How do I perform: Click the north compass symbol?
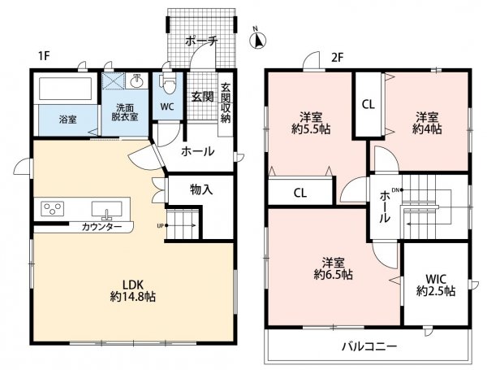click(258, 38)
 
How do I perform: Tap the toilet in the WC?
click(168, 83)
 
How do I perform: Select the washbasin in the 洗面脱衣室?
click(136, 81)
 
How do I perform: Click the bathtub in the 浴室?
click(65, 89)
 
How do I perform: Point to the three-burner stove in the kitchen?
click(53, 208)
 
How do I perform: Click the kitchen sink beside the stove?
click(106, 209)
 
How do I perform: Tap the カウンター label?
click(101, 227)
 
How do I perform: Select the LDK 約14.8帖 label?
click(133, 290)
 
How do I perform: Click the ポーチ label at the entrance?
click(201, 41)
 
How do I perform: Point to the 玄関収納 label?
click(226, 102)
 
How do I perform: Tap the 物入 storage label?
click(201, 189)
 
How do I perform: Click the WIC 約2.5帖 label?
click(436, 285)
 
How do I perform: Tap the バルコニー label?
click(369, 346)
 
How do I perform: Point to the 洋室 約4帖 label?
click(427, 124)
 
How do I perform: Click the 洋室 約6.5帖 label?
click(333, 268)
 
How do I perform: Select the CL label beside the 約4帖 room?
click(368, 105)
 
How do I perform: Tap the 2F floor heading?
click(337, 58)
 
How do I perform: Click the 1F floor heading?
click(44, 56)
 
